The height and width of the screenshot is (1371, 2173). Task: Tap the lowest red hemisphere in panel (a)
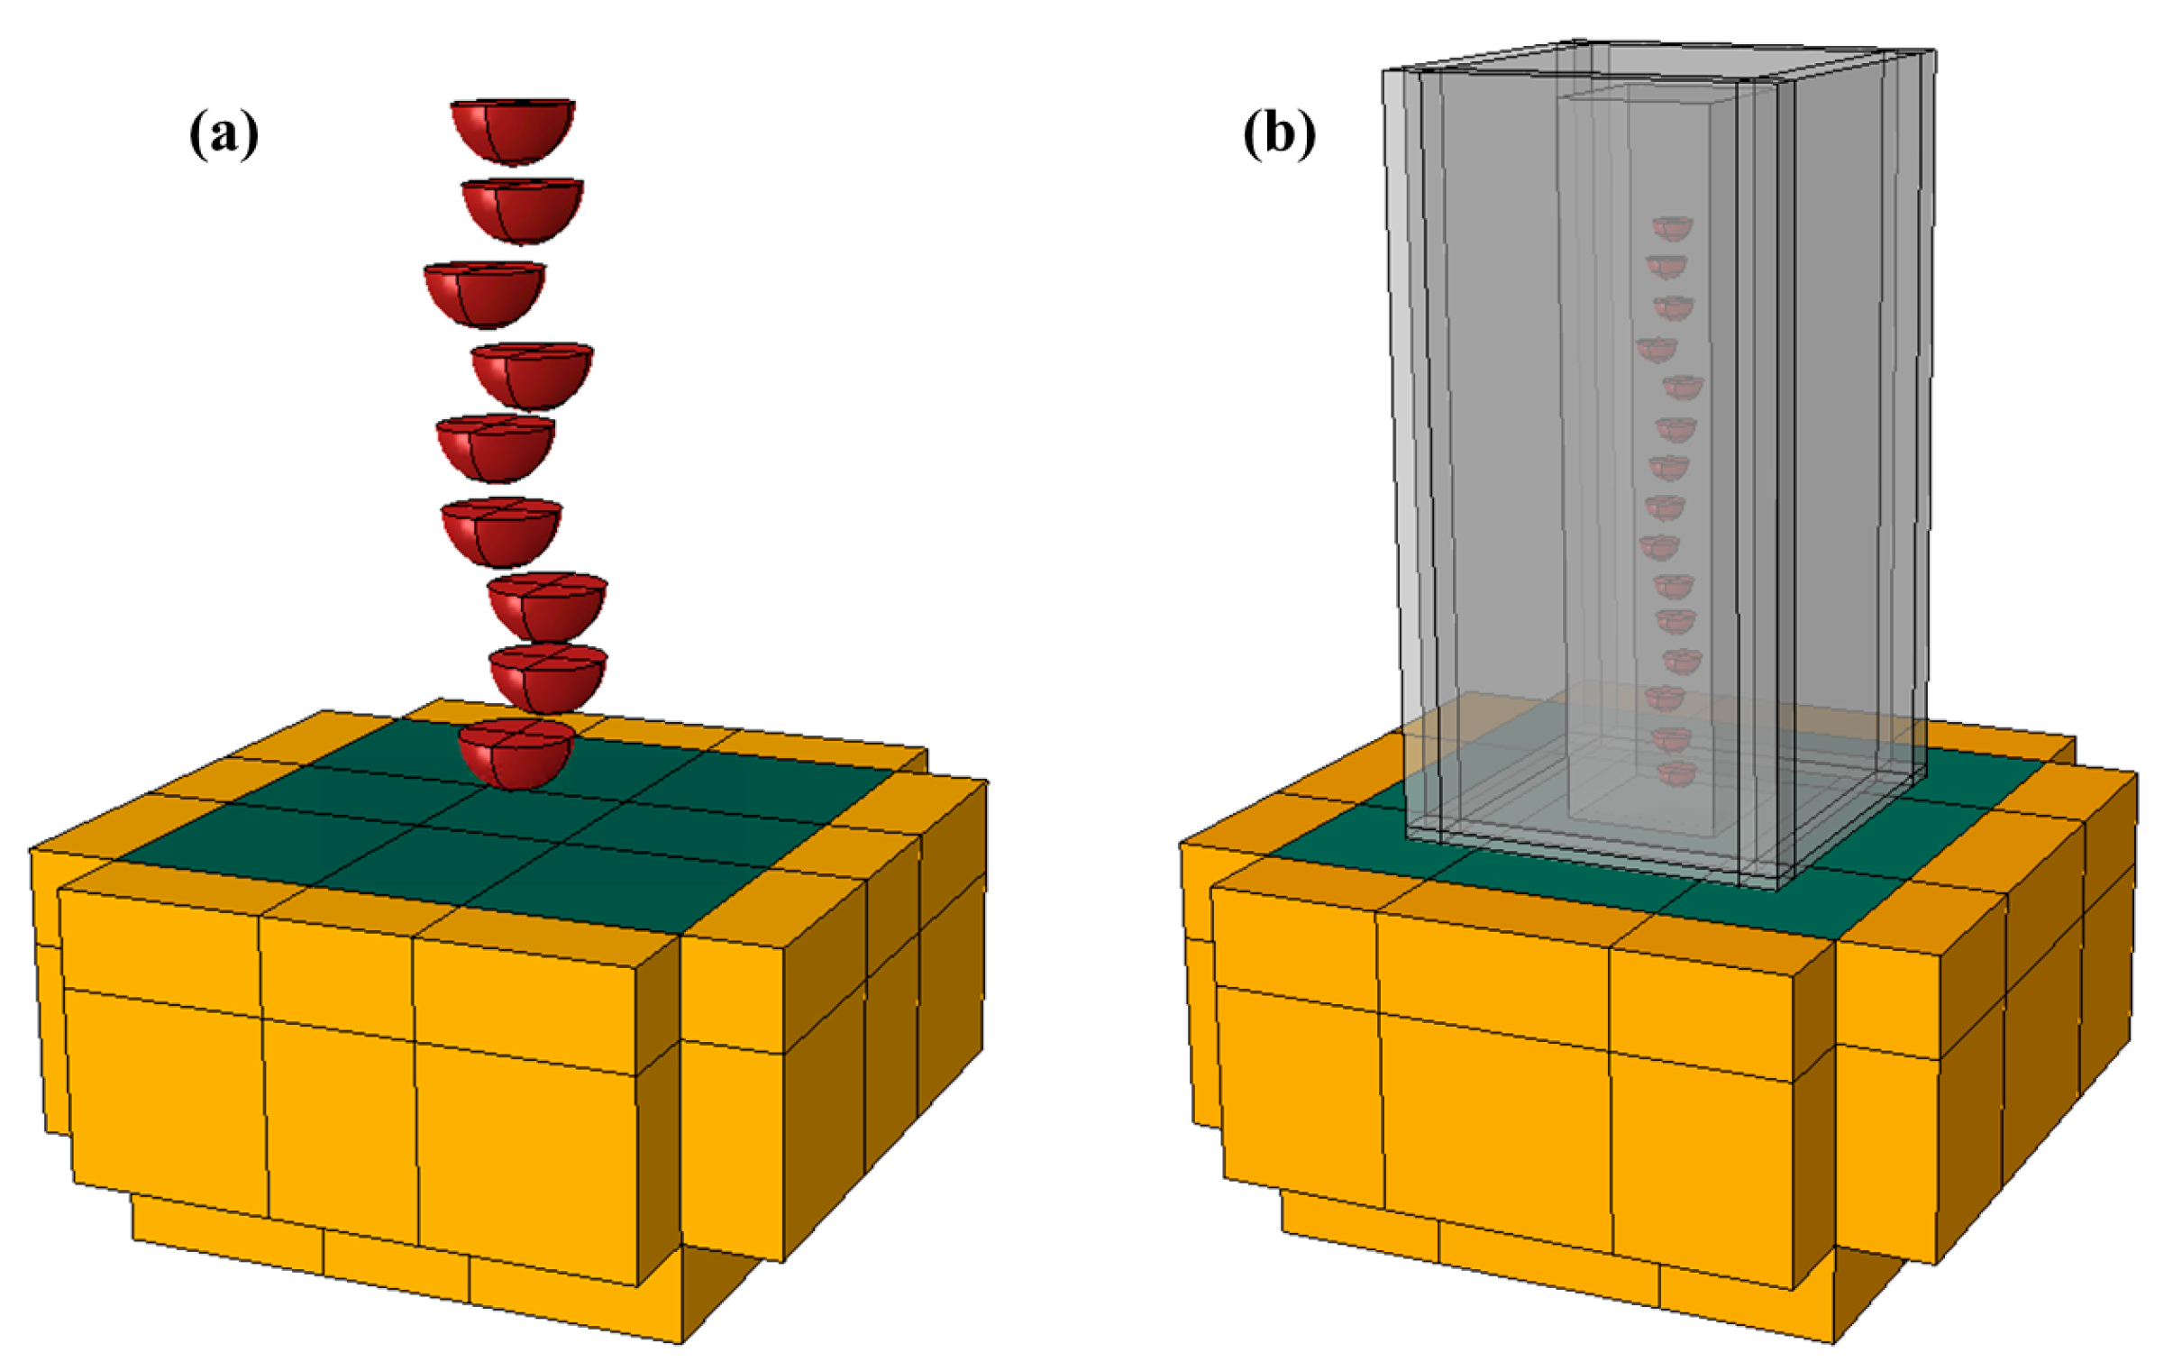pos(516,754)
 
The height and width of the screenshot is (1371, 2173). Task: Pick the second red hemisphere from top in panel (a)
pos(522,209)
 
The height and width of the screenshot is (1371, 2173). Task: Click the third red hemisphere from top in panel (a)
pos(485,293)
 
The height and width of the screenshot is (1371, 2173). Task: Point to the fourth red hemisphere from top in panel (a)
pos(532,375)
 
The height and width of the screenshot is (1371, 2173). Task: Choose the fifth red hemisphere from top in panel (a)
pos(496,448)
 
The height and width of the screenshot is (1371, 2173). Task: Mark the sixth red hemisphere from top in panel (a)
pos(502,531)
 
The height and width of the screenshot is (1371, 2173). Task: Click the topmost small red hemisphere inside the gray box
pos(1672,228)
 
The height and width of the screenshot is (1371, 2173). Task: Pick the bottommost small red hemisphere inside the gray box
pos(1676,773)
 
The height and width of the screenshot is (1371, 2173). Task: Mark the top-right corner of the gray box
pos(1934,51)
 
